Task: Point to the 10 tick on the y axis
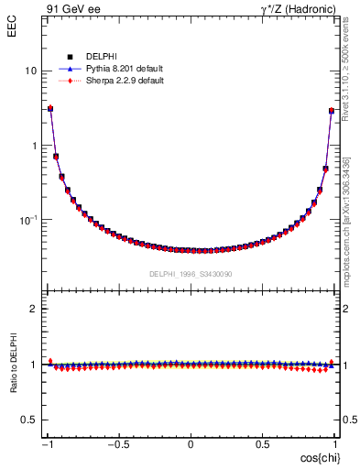30,71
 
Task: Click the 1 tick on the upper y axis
33,146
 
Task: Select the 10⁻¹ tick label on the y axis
27,220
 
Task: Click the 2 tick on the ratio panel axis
33,309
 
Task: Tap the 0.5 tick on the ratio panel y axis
28,420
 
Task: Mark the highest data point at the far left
50,109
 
